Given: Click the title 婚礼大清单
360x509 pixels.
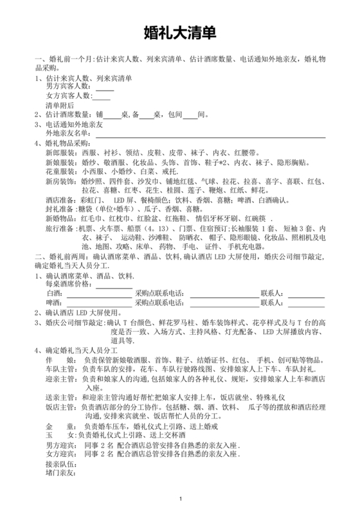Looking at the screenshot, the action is pyautogui.click(x=180, y=32).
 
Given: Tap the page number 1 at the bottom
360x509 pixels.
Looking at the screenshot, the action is pyautogui.click(x=181, y=498).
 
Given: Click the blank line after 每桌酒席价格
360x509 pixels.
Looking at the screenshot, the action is pyautogui.click(x=114, y=284).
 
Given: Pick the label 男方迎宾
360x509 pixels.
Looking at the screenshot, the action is pyautogui.click(x=60, y=445).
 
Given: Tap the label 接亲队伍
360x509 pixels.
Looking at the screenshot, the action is pyautogui.click(x=60, y=463).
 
